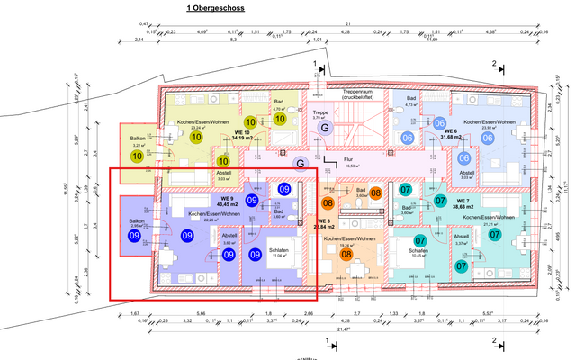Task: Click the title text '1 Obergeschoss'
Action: coord(213,8)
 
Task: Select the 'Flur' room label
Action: coord(347,158)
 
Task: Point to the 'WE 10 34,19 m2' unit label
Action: coord(241,135)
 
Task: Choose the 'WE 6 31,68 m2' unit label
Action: coord(452,134)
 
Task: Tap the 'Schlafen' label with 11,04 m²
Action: coord(279,225)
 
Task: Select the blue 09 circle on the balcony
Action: coord(138,236)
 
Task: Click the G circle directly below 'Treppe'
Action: coord(322,129)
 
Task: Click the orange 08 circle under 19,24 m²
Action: coord(346,255)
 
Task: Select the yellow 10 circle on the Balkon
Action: coord(138,156)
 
